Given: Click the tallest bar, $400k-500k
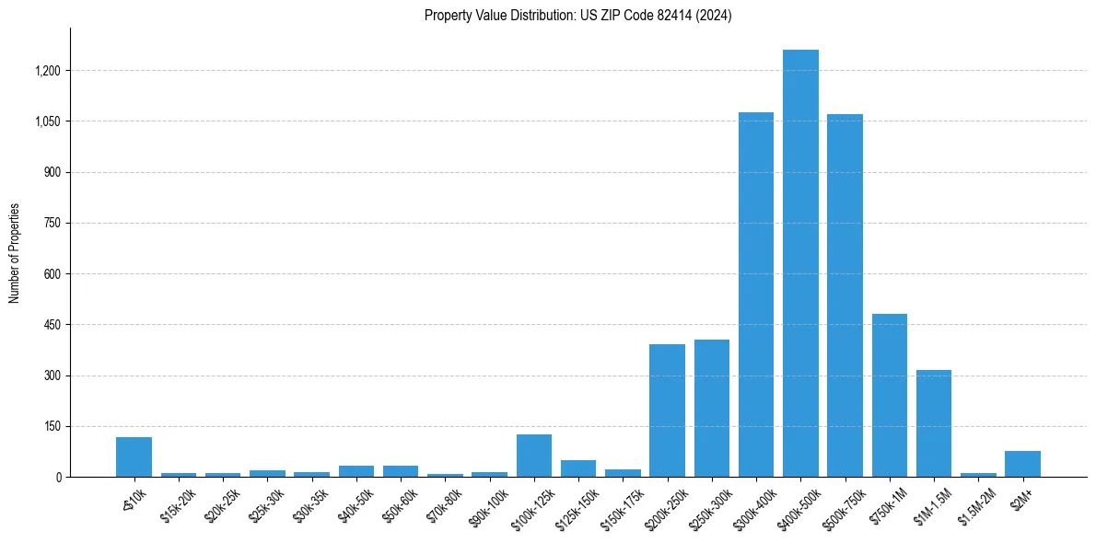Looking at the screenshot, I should (800, 263).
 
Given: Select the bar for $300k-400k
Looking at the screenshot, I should (756, 295).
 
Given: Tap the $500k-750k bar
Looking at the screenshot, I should (845, 295).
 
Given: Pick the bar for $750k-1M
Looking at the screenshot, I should (890, 396).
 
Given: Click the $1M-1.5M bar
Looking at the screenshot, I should (934, 423).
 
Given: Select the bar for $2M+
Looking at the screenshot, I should (1022, 464).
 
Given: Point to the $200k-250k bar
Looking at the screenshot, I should (667, 410).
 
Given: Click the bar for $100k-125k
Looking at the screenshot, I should (534, 456).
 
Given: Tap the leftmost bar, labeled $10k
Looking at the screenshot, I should (134, 457).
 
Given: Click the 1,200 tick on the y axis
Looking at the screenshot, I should (48, 71).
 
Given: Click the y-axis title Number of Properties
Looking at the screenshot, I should (15, 252).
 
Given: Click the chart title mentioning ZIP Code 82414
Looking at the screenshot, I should (577, 16).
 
